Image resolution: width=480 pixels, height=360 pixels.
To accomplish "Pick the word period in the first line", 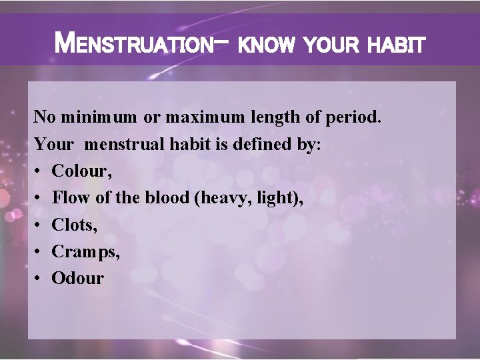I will (x=354, y=119).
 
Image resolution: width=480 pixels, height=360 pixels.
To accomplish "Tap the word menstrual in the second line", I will (x=128, y=145).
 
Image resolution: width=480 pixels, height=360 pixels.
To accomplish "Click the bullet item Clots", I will (x=74, y=225).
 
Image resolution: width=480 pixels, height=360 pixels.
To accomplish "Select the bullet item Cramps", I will (x=81, y=251).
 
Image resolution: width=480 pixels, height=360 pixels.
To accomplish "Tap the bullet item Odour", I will (x=77, y=278).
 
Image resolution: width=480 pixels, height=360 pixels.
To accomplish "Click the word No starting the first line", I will (x=45, y=119).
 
